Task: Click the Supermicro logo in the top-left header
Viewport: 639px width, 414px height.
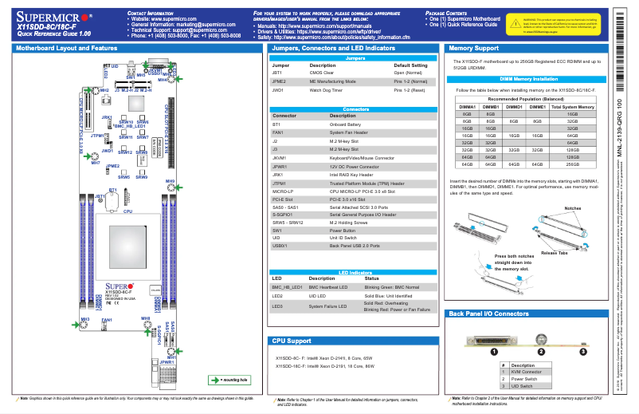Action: (54, 15)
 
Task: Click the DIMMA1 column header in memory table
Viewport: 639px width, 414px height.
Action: (467, 106)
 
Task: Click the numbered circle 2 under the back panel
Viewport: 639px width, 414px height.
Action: (540, 350)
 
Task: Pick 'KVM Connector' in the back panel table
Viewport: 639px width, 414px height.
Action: (525, 371)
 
